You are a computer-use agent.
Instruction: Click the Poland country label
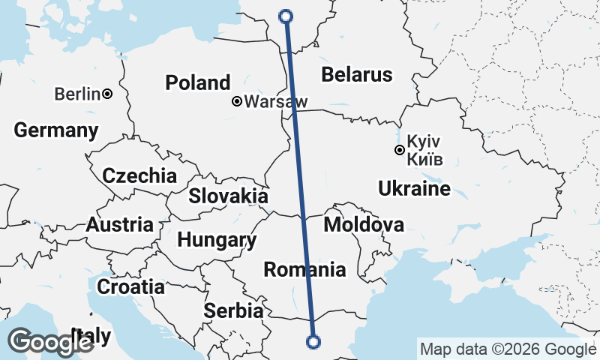pos(198,82)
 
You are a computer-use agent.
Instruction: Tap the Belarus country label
pos(356,74)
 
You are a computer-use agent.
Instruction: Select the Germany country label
pos(56,130)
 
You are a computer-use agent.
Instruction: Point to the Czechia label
pos(139,176)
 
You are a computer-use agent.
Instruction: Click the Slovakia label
pos(228,196)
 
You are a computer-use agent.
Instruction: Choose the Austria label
pos(120,224)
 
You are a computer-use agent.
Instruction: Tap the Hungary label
pos(217,241)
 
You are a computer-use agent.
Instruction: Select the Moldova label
pos(364,224)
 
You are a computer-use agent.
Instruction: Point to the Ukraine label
pos(415,187)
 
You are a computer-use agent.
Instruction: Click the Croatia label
pos(130,286)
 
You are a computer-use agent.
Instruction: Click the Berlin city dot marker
pos(108,94)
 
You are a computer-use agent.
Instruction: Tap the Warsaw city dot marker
pos(237,101)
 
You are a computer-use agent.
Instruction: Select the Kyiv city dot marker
pos(400,150)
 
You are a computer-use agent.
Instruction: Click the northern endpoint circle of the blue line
pos(286,16)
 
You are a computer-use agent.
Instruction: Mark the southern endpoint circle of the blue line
pos(313,342)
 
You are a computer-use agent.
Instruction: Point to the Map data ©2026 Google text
pos(508,349)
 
